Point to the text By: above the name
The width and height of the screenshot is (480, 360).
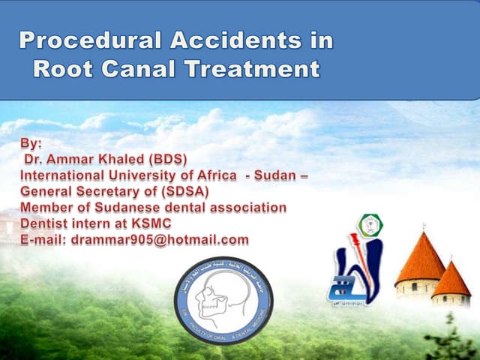(x=33, y=143)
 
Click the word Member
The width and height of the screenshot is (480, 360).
(x=46, y=208)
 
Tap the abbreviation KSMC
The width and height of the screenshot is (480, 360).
(x=149, y=223)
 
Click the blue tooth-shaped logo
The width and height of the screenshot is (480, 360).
(x=358, y=270)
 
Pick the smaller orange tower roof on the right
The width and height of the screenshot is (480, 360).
(x=451, y=279)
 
